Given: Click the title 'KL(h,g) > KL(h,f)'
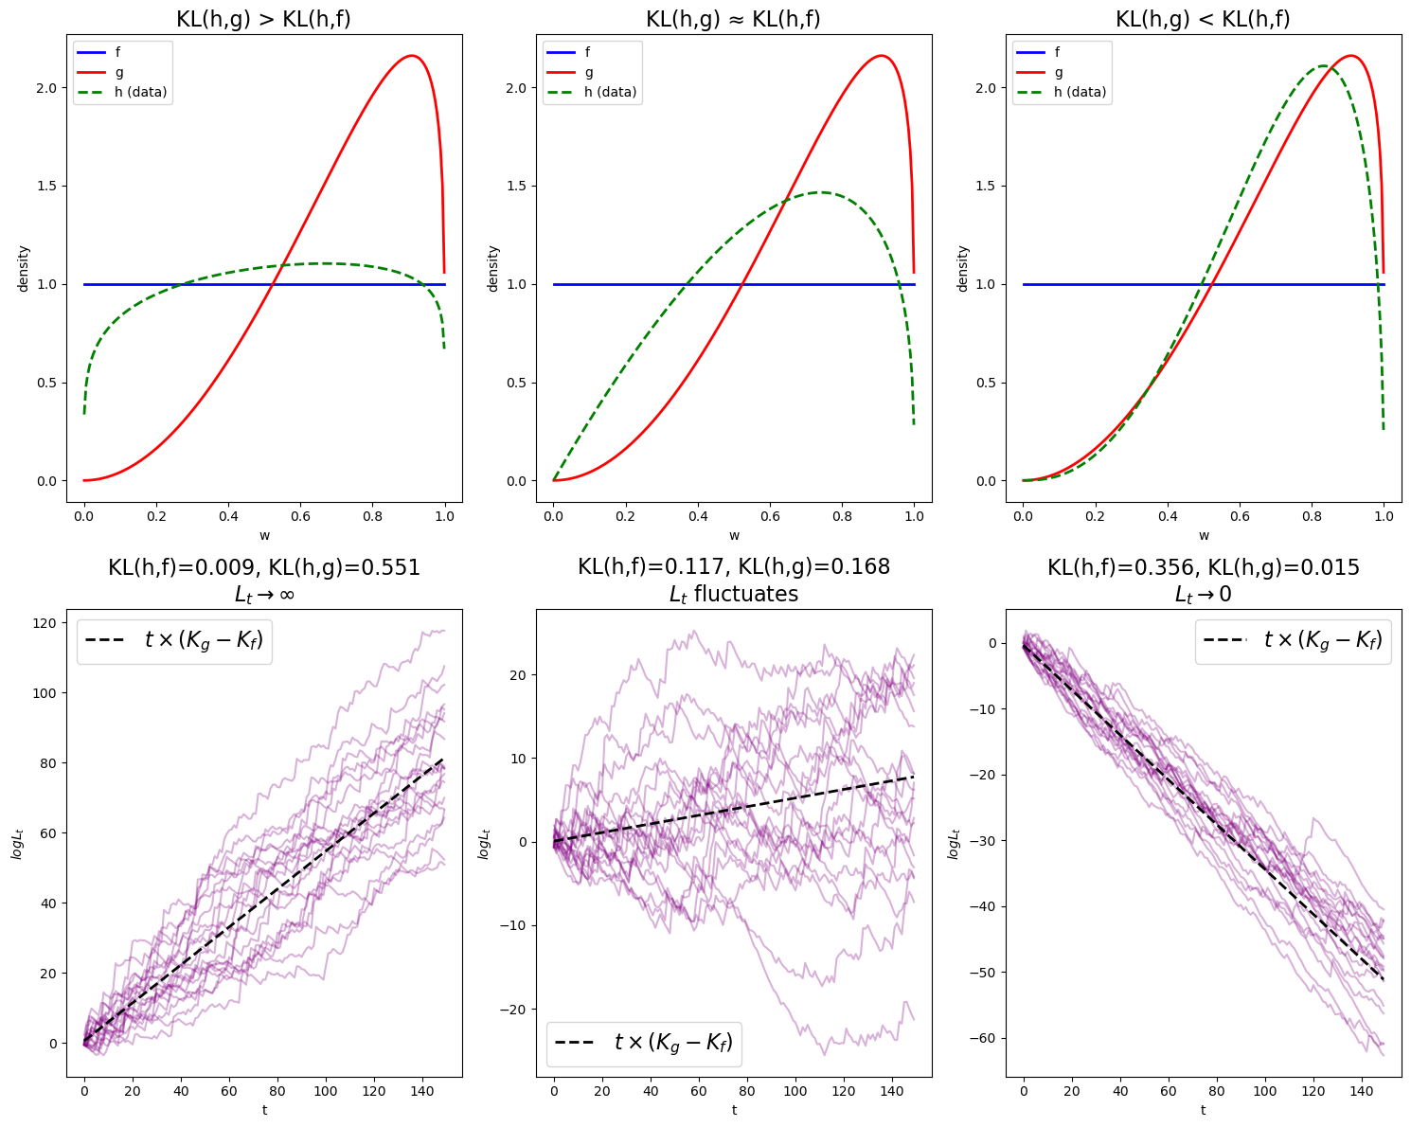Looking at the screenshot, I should [x=263, y=19].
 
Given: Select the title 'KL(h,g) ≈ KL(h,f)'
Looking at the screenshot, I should [x=733, y=19].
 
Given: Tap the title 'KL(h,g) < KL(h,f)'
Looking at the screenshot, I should [x=1203, y=19].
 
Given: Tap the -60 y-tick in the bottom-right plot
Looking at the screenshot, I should [x=984, y=1039].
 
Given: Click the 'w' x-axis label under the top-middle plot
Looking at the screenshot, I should [x=734, y=535].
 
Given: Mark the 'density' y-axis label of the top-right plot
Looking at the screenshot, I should [x=961, y=268].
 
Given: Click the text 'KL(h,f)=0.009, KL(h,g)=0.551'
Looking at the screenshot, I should [x=263, y=567].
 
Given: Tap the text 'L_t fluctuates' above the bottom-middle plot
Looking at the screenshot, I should [x=733, y=595].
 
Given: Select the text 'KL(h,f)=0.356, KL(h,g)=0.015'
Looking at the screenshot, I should [x=1203, y=567].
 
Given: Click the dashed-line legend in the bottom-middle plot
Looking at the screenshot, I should [x=643, y=1043].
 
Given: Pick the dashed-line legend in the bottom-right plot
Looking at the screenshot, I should [x=1293, y=641].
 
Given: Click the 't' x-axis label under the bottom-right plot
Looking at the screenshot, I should [x=1203, y=1109].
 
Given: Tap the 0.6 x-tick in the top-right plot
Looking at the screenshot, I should [x=1239, y=517].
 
